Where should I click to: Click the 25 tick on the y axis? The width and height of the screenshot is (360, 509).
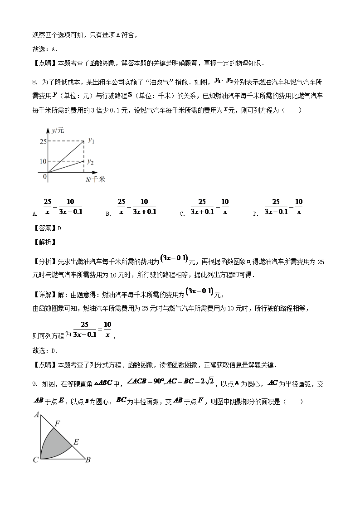43,141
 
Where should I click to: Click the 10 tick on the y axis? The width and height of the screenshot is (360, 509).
43,161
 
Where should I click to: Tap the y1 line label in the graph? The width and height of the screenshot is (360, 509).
91,141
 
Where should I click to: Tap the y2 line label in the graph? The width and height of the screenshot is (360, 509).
91,162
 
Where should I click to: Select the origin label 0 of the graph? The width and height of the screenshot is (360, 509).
45,177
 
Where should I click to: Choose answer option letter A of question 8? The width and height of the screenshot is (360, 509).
35,214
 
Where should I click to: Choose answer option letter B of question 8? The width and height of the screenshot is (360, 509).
108,214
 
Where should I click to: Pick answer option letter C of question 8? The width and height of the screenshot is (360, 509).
181,214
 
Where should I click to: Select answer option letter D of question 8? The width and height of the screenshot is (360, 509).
255,214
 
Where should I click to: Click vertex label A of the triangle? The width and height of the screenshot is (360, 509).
36,414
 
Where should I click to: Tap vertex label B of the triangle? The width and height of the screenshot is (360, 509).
88,460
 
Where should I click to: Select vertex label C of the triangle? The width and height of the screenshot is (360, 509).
35,461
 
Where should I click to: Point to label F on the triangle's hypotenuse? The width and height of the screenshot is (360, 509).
57,424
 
